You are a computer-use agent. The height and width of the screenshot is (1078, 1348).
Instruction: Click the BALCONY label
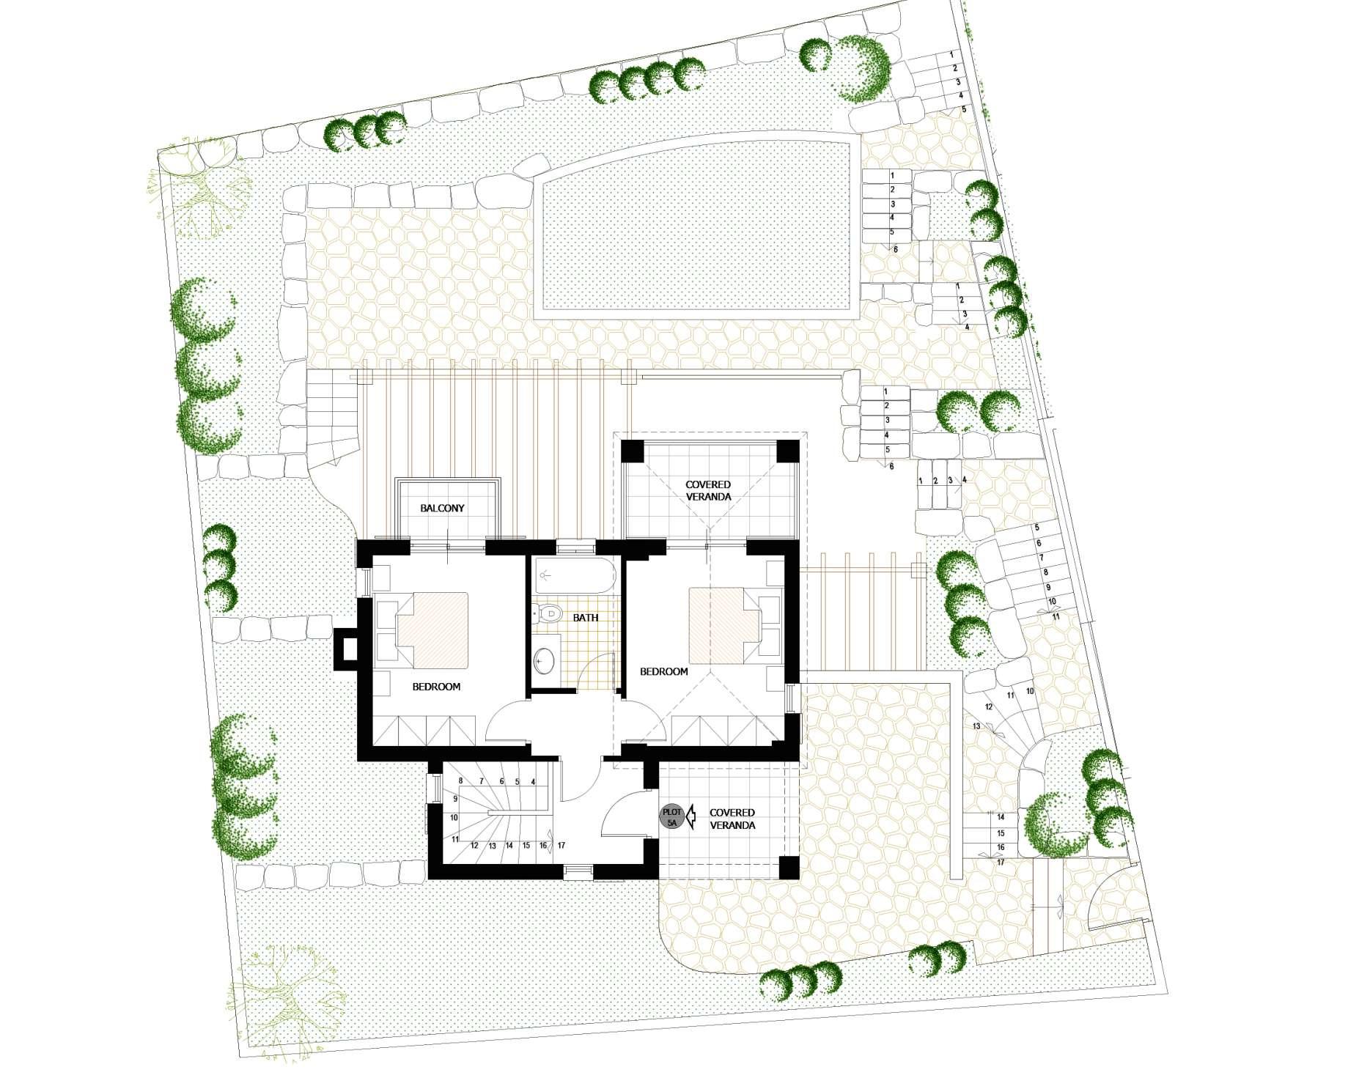442,508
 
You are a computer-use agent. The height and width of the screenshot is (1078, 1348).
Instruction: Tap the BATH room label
586,618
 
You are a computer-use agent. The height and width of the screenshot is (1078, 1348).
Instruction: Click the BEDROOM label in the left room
436,687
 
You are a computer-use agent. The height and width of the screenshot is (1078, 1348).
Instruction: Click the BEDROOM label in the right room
664,671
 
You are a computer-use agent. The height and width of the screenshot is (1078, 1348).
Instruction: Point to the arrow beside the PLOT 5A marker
690,818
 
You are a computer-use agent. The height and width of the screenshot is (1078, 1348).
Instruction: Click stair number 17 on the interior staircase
561,845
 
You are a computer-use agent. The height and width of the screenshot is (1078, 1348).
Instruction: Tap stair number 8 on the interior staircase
460,782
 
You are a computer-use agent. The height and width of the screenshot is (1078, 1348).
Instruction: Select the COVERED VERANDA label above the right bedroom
708,490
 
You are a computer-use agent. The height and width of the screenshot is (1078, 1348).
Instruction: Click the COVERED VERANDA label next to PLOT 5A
732,819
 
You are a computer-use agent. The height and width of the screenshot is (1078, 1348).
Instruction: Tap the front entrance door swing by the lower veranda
623,811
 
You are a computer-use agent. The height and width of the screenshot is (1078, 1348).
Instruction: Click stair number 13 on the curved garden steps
976,726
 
